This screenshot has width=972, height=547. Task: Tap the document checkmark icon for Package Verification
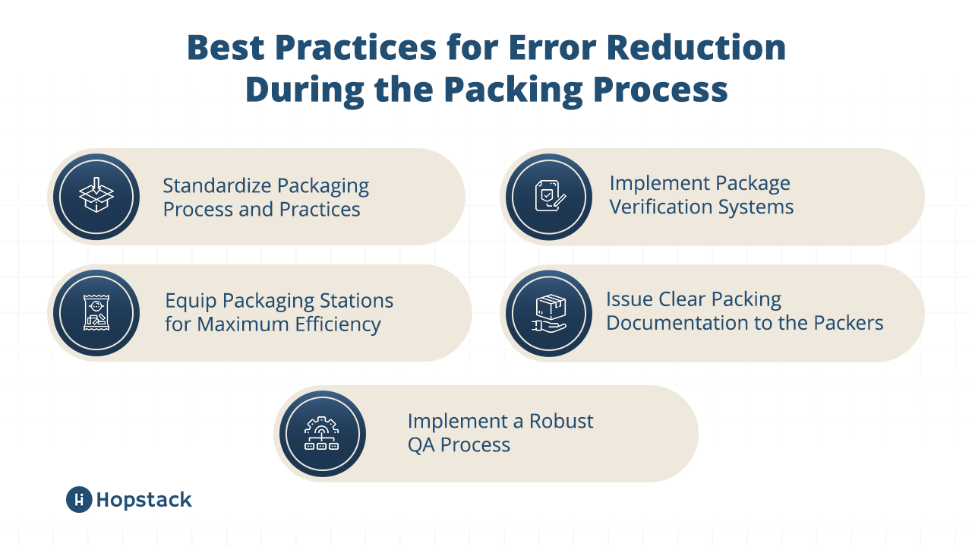pos(548,196)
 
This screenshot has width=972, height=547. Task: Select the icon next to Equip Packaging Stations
pos(96,313)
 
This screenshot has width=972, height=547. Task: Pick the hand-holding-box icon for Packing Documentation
pos(548,313)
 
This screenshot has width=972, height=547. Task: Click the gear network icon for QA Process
pos(321,434)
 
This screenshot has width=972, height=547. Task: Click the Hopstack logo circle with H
pos(79,499)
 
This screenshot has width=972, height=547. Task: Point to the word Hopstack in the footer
pos(144,500)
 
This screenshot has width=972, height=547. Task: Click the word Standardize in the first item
pos(216,186)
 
